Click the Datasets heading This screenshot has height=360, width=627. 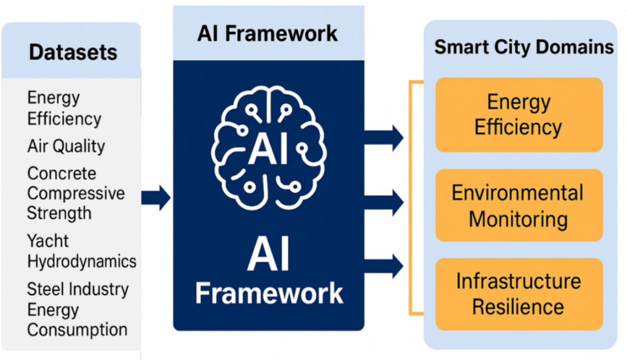72,52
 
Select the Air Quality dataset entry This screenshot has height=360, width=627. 65,146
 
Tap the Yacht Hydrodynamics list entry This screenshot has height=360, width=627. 81,251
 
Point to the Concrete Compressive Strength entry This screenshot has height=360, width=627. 75,193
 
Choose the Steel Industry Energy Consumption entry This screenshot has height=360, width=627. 77,309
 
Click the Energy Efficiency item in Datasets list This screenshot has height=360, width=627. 64,108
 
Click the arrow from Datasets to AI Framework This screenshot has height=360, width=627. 156,197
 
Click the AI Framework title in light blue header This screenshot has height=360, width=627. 268,33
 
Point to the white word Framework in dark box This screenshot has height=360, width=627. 268,292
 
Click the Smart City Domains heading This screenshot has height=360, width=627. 524,47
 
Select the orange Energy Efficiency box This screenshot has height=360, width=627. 519,115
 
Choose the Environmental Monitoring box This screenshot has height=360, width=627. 519,206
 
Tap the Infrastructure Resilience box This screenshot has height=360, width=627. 519,294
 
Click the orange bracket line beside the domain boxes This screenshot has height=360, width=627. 411,196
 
